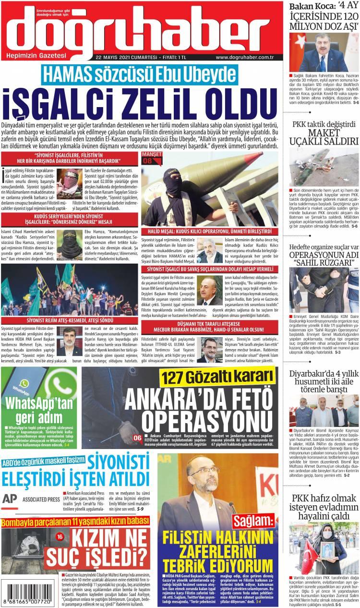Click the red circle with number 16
[60, 536]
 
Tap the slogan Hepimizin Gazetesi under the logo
[36, 57]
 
